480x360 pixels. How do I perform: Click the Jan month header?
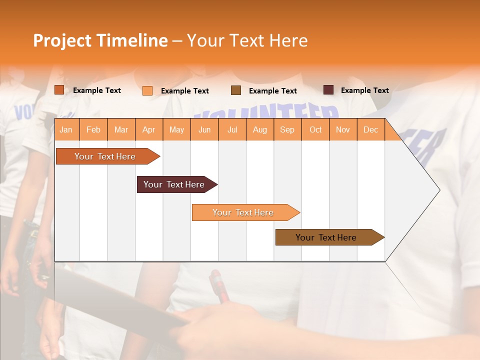pos(66,130)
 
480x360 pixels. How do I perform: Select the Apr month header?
pos(148,130)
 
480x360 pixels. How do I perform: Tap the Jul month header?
pos(232,130)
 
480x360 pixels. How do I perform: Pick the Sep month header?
pos(287,130)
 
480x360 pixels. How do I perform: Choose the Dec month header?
pos(370,130)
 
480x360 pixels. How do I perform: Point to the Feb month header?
pos(93,130)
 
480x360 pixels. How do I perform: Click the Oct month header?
pos(315,130)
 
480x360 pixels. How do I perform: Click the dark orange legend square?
pos(59,90)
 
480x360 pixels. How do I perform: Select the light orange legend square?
pos(147,90)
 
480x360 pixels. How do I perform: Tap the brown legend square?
pos(236,90)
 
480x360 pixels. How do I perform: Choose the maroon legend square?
pos(328,90)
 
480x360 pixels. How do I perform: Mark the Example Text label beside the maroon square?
pos(364,90)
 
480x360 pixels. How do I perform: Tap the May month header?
pos(176,130)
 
